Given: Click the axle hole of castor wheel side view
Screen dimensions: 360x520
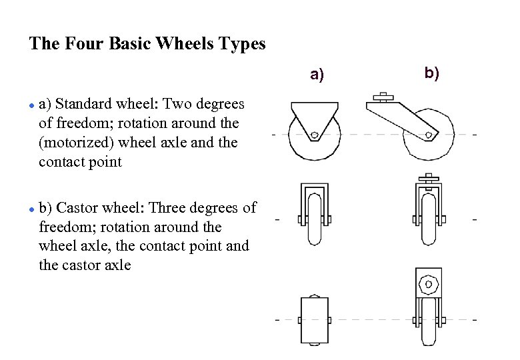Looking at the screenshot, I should pyautogui.click(x=429, y=135).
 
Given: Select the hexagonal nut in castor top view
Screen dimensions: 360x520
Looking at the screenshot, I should pyautogui.click(x=428, y=285).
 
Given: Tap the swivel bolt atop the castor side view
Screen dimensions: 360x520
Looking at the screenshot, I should pyautogui.click(x=383, y=98).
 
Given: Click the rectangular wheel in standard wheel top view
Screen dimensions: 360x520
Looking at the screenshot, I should pyautogui.click(x=316, y=320).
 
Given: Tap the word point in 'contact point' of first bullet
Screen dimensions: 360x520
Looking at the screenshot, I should pyautogui.click(x=105, y=162).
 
